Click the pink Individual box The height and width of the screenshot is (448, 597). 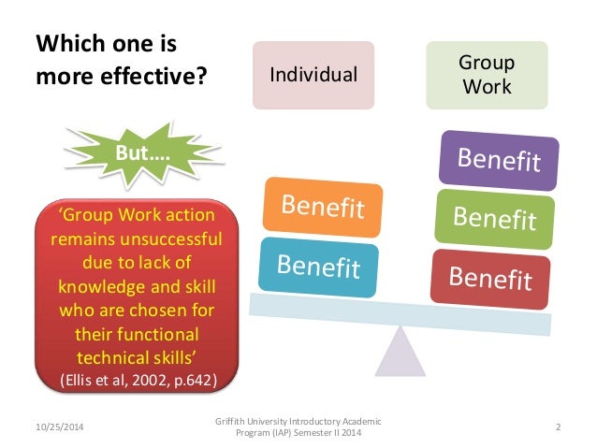313,74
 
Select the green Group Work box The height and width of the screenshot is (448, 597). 486,74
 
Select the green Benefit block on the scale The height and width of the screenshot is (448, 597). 495,218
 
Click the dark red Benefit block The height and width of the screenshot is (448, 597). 490,277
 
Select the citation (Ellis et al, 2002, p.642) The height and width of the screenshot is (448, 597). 136,380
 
